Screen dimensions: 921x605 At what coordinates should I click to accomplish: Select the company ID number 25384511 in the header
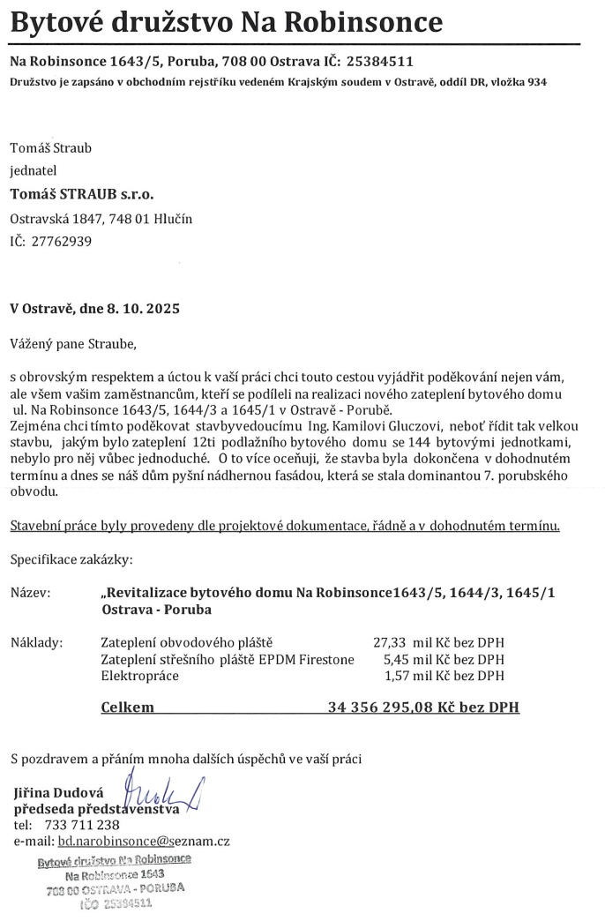coord(380,63)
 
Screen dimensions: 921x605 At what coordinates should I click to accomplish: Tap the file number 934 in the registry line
coord(535,82)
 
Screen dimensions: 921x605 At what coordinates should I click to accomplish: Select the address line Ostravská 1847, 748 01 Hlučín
coord(101,218)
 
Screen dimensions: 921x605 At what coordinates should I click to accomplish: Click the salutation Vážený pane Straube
coord(74,342)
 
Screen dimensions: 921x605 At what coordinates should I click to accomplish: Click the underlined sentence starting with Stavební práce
coord(285,526)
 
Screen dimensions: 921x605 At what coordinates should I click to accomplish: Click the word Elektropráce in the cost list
coord(140,676)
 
